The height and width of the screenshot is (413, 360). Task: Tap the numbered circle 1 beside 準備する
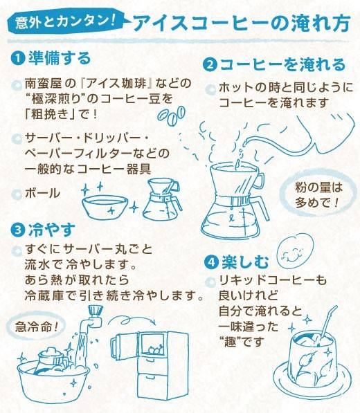(x=18, y=58)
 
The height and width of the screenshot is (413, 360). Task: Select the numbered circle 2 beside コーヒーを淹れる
(x=210, y=64)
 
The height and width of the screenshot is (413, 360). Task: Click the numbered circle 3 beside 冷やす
(x=18, y=230)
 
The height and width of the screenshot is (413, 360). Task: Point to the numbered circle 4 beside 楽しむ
(x=212, y=262)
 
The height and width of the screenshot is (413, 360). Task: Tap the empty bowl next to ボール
(x=105, y=207)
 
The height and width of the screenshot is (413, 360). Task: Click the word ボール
(x=42, y=193)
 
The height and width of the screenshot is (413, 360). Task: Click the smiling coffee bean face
(x=295, y=250)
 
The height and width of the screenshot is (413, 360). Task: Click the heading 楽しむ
(x=245, y=262)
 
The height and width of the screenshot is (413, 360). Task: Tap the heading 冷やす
(x=52, y=230)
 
